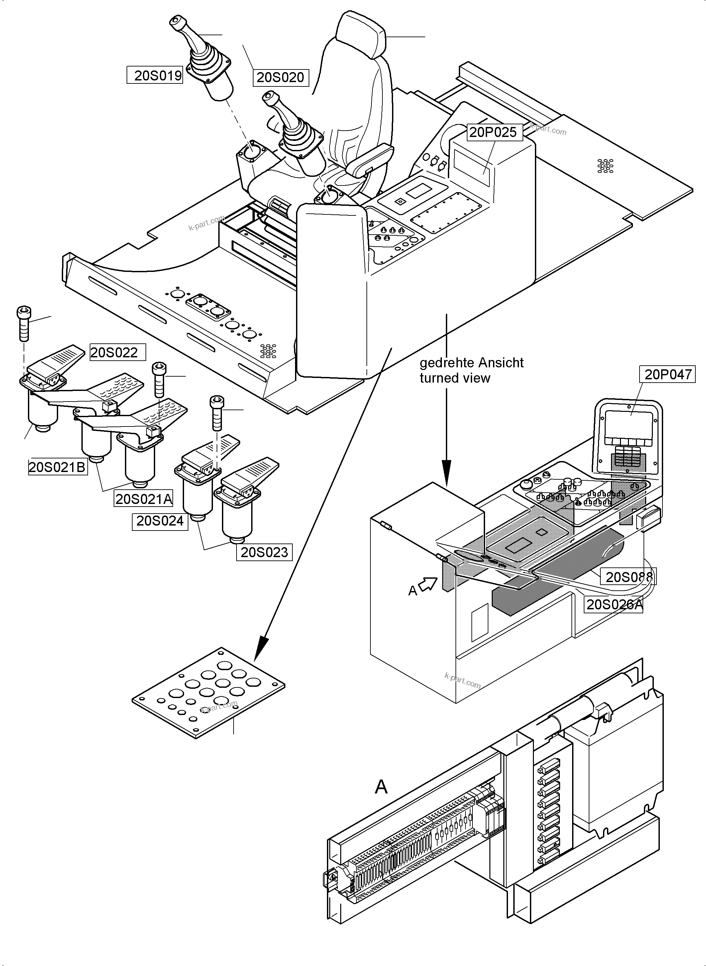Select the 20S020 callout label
[280, 77]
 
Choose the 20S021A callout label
[144, 499]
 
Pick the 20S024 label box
[160, 521]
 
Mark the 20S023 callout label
[264, 552]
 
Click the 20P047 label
[667, 375]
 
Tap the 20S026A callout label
[614, 604]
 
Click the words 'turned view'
[455, 378]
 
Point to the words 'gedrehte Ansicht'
[471, 363]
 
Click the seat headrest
[361, 34]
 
